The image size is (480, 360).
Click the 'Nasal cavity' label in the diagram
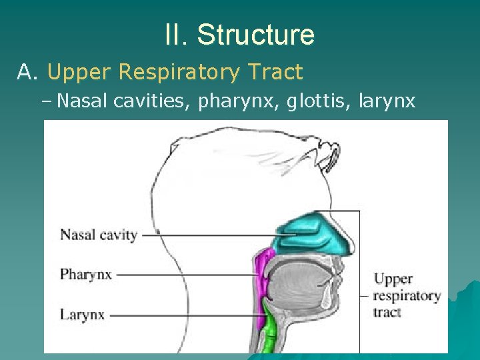coord(99,235)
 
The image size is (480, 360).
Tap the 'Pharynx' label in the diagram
coord(86,274)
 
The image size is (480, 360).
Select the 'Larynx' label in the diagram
coord(82,315)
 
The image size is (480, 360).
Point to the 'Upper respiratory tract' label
coord(407,295)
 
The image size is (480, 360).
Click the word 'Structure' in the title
coord(256,35)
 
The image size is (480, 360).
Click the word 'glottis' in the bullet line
coord(316,101)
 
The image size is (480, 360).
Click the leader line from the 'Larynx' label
coord(187,315)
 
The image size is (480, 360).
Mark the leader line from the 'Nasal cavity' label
coord(213,235)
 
